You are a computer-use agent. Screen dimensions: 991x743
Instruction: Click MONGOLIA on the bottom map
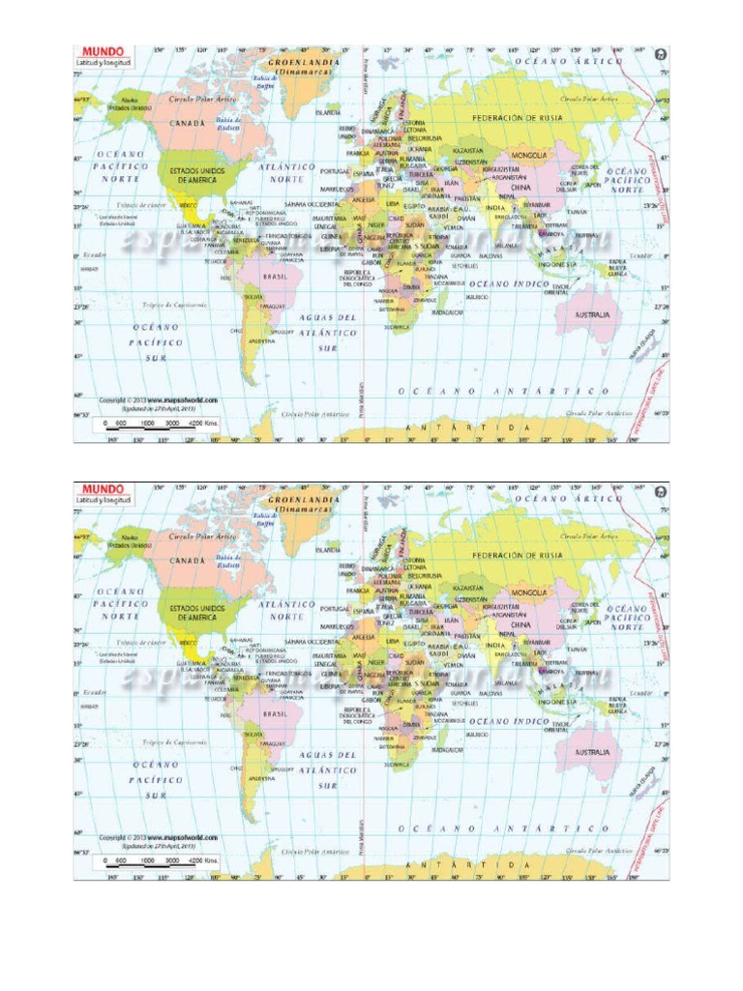point(529,590)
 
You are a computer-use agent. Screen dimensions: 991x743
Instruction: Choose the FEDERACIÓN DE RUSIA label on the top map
point(518,117)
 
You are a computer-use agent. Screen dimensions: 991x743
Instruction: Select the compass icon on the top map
point(661,54)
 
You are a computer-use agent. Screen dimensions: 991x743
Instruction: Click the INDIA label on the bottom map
point(494,644)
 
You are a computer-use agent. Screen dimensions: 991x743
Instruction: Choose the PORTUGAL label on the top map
point(335,170)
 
